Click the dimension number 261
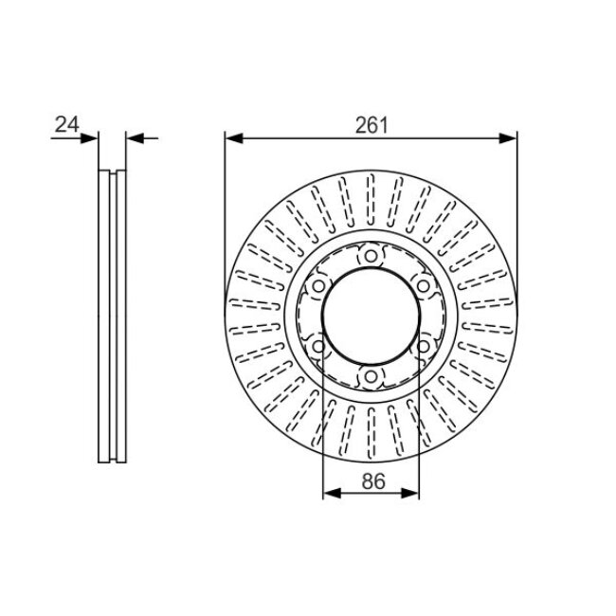click(371, 125)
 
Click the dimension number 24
click(66, 124)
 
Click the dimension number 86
click(373, 481)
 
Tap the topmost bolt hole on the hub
click(371, 256)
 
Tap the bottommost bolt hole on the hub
click(371, 377)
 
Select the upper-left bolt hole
click(318, 286)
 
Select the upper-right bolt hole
click(423, 286)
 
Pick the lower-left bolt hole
click(318, 347)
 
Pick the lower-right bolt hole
click(423, 347)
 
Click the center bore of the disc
click(371, 316)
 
